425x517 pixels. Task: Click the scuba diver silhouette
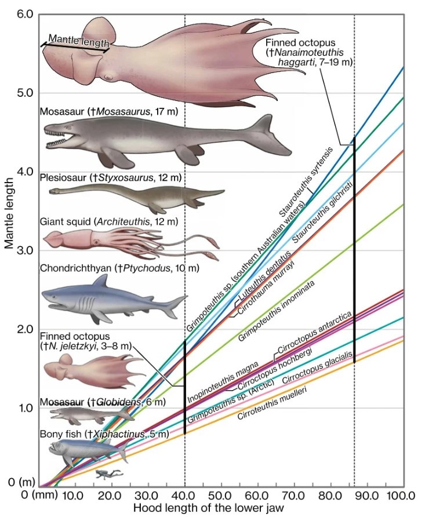click(103, 475)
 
